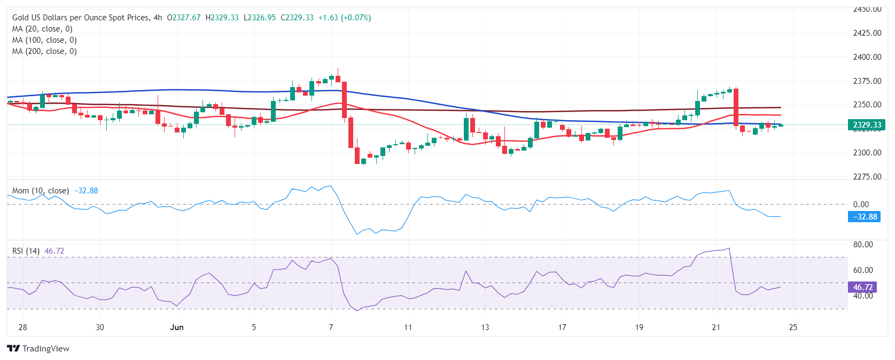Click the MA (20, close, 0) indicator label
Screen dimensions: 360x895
coord(42,29)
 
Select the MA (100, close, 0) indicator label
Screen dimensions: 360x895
coord(44,40)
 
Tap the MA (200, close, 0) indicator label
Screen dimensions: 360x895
coord(44,51)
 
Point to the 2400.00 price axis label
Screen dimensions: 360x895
coord(867,57)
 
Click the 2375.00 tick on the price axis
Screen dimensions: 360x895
coord(867,81)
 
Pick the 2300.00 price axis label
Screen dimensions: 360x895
coord(867,153)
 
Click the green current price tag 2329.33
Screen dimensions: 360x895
coord(867,125)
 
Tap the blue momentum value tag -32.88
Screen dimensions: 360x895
coord(865,217)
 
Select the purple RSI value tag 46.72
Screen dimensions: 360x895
coord(862,287)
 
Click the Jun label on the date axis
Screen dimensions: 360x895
coord(177,327)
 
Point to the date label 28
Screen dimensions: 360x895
coord(22,327)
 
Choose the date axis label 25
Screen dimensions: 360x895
coord(793,327)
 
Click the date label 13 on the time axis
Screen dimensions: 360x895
coord(485,327)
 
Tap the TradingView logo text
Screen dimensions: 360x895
coord(38,349)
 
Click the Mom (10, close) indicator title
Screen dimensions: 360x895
coord(40,191)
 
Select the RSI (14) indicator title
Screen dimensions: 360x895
coord(26,251)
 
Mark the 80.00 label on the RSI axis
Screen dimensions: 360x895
coord(863,245)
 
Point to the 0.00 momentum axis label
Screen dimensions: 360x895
coord(861,205)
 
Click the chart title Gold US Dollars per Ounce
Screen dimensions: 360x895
coord(81,18)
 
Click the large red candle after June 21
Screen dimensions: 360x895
coord(736,107)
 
